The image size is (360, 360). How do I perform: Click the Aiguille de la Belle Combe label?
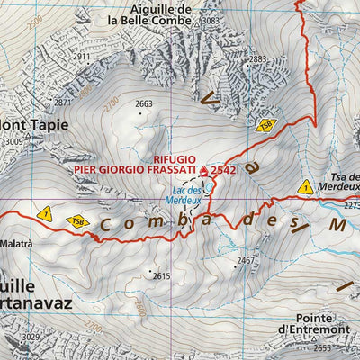161,13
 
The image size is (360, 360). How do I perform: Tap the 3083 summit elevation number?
211,20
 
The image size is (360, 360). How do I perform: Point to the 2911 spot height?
82,57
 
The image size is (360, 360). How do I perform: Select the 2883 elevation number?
258,59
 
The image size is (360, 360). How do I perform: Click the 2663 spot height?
144,104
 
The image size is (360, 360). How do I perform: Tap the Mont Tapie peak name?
34,125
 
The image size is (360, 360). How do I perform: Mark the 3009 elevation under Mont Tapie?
13,141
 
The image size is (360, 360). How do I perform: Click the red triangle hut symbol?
203,169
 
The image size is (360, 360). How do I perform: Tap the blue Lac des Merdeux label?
187,195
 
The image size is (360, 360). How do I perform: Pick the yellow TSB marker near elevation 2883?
265,126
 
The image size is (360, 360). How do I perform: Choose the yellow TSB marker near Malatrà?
79,220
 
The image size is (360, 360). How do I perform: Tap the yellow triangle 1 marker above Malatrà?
45,213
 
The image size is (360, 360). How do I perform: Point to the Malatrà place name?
18,243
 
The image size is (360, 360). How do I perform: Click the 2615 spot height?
161,275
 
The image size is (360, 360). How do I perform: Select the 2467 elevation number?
245,261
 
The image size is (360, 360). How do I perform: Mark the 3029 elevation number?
31,337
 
